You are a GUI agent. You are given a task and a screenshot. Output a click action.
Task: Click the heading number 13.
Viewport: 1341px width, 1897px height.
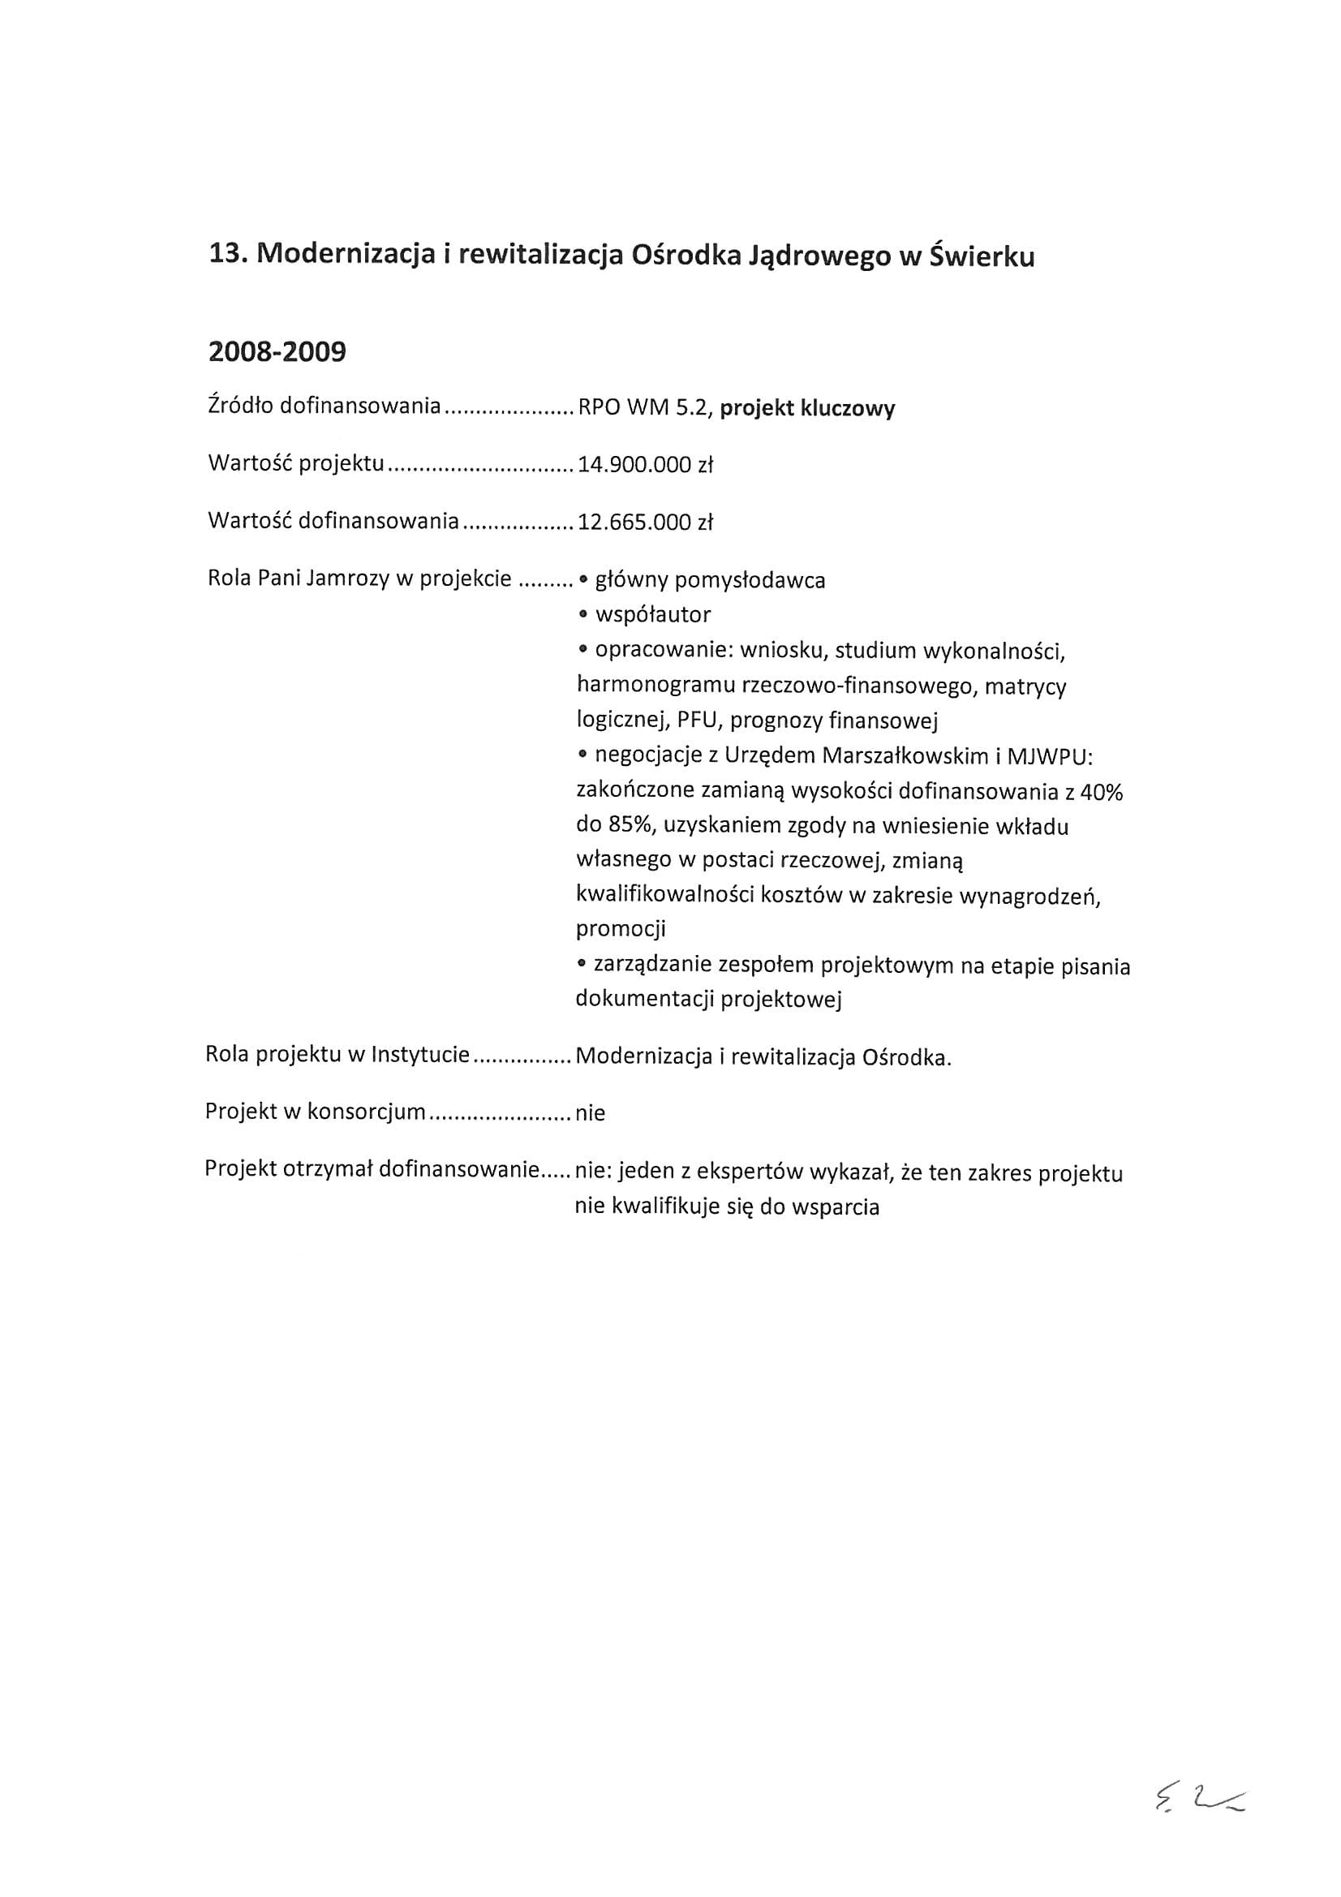point(226,256)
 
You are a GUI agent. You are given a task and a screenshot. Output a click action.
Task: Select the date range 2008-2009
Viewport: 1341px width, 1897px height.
point(277,353)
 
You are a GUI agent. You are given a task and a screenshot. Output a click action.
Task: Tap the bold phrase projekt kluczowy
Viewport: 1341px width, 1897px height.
point(807,409)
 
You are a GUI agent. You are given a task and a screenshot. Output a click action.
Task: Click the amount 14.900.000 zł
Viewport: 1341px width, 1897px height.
point(644,465)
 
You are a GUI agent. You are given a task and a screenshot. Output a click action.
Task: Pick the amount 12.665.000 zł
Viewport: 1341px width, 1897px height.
point(644,523)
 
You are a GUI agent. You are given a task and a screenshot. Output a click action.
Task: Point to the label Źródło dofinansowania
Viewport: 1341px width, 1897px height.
point(325,406)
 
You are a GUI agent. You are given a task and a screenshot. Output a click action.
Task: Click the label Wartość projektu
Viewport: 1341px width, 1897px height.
point(296,463)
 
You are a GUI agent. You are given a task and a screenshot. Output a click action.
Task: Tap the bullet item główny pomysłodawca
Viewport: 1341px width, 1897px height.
point(709,581)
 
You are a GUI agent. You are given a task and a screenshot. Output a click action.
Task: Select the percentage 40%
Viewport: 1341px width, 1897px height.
point(1102,793)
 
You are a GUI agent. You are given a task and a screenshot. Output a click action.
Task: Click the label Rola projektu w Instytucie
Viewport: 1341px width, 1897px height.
point(337,1055)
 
